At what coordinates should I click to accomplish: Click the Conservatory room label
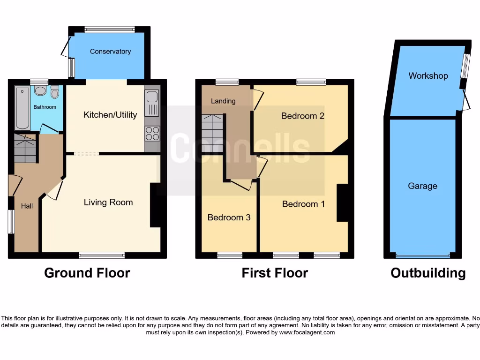point(110,52)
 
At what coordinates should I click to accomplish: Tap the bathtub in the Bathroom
point(22,108)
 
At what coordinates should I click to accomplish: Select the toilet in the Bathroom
point(55,92)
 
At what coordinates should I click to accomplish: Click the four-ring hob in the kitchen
point(152,133)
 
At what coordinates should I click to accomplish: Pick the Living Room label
point(108,202)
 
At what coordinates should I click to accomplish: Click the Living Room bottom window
point(102,255)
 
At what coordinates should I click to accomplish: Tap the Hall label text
point(27,206)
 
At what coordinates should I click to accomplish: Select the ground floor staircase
point(25,149)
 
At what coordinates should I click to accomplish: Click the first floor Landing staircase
point(212,133)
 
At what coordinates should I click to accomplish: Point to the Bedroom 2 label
point(303,116)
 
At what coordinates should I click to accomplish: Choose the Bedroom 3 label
point(229,217)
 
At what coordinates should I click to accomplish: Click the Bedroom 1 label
point(303,204)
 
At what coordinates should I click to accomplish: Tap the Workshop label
point(428,76)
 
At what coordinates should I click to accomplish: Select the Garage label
point(422,186)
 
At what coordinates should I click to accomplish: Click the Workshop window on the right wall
point(465,66)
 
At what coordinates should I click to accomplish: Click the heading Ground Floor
point(87,273)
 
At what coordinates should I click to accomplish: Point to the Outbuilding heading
point(428,273)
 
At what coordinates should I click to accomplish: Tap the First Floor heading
point(275,273)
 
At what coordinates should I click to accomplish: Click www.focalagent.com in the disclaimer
point(307,332)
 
